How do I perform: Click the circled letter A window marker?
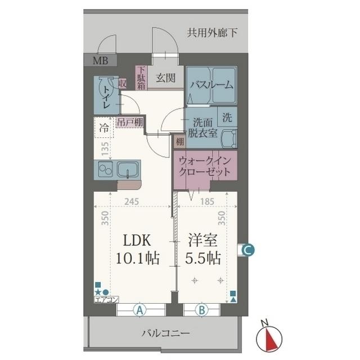pyautogui.click(x=140, y=310)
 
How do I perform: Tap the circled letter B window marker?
pyautogui.click(x=201, y=310)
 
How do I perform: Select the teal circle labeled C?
pyautogui.click(x=249, y=250)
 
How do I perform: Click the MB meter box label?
pyautogui.click(x=100, y=61)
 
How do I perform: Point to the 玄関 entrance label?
pyautogui.click(x=165, y=78)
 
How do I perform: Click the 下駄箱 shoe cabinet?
pyautogui.click(x=141, y=78)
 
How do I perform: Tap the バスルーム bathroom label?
pyautogui.click(x=211, y=85)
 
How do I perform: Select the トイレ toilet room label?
pyautogui.click(x=106, y=97)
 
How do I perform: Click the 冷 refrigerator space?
pyautogui.click(x=103, y=128)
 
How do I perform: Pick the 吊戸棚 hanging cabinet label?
pyautogui.click(x=130, y=123)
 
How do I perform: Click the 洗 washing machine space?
pyautogui.click(x=227, y=117)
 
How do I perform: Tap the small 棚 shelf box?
pyautogui.click(x=180, y=142)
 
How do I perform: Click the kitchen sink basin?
pyautogui.click(x=128, y=170)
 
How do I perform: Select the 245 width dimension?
pyautogui.click(x=132, y=201)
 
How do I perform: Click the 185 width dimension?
pyautogui.click(x=207, y=201)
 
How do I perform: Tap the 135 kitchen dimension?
pyautogui.click(x=105, y=148)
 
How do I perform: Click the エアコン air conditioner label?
pyautogui.click(x=106, y=299)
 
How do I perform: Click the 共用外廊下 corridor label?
pyautogui.click(x=212, y=33)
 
